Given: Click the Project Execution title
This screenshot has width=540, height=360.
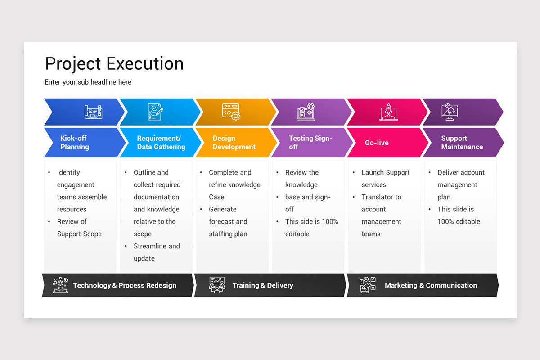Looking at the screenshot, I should (x=114, y=64).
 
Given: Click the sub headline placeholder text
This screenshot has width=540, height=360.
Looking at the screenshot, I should (x=88, y=82).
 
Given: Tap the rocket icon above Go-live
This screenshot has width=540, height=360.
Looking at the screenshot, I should (x=388, y=112).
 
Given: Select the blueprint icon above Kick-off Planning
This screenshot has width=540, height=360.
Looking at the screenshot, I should (x=94, y=112).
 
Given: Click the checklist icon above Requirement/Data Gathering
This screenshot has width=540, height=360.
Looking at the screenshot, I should (x=155, y=112).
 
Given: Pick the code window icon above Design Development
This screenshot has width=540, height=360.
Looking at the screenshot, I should (x=231, y=112).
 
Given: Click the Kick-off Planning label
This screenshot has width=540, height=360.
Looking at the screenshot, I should (x=75, y=143).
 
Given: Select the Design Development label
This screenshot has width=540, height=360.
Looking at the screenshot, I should (x=234, y=143).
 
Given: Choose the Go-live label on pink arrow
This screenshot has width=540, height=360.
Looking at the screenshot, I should (x=377, y=143).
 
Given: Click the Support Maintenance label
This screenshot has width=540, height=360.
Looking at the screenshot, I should (x=462, y=143).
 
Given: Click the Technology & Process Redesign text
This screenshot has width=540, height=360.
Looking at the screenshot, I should (x=125, y=285).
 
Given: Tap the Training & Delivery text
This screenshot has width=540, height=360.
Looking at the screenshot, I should (x=262, y=285).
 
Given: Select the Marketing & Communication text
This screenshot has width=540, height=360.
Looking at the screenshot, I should (x=431, y=285).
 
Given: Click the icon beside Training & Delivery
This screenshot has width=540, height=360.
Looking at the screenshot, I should (x=217, y=285).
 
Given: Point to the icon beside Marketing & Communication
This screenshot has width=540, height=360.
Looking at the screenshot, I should (x=368, y=285).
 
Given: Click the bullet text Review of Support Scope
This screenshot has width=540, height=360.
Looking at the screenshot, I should (x=79, y=228).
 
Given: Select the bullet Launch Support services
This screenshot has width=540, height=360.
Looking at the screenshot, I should (x=386, y=179).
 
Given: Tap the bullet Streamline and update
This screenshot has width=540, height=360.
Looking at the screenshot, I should (x=156, y=252).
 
